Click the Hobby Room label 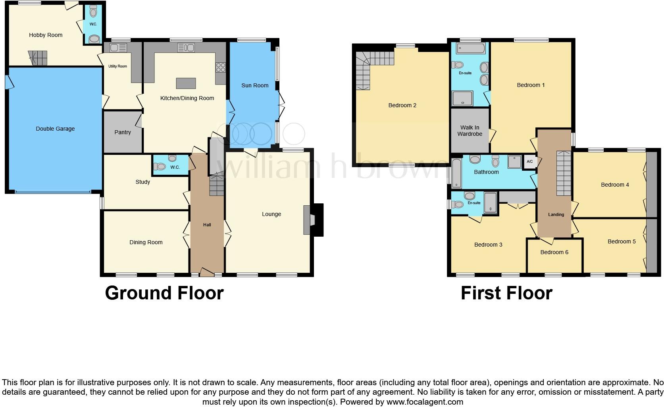point(46,35)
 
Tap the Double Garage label point(55,129)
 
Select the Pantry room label point(123,132)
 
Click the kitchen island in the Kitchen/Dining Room point(186,83)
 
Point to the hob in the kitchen point(221,68)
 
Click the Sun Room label point(255,85)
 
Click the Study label point(143,182)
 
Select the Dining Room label point(146,242)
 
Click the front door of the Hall point(206,272)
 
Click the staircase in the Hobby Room point(38,58)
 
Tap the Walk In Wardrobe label point(470,131)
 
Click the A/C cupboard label point(530,162)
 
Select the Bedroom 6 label point(554,252)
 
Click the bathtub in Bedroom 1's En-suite point(471,49)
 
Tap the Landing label point(556,214)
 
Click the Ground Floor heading point(164,293)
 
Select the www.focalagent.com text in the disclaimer point(425,401)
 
